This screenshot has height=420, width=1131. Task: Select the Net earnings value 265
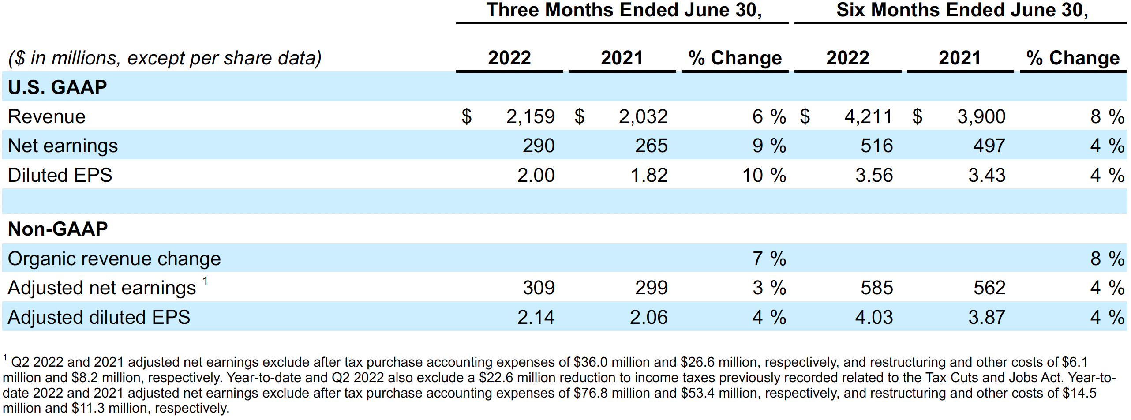(x=651, y=146)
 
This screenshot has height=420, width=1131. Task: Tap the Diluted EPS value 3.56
(x=874, y=176)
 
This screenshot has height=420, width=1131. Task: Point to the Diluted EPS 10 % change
(x=764, y=176)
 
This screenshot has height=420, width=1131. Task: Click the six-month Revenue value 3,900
(x=981, y=117)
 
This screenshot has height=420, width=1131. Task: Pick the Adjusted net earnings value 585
(x=876, y=288)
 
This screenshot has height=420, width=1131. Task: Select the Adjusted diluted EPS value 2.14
(x=536, y=318)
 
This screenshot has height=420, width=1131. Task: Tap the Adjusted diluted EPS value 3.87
(x=987, y=318)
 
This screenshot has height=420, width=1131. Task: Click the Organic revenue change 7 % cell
(x=769, y=259)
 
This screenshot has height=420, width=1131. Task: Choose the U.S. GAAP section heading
(x=57, y=87)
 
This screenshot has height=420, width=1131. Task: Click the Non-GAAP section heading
(x=58, y=229)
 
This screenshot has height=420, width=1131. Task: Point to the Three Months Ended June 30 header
(x=624, y=10)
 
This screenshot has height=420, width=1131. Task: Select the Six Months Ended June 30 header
(x=962, y=10)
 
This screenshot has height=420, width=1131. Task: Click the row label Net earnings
(x=63, y=146)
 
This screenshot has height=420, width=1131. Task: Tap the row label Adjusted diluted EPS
(x=99, y=318)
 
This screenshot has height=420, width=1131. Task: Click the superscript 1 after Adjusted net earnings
(x=205, y=281)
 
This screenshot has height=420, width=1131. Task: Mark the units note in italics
(x=165, y=58)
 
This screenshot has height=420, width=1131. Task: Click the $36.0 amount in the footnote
(x=590, y=362)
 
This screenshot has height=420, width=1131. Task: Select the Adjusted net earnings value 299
(x=651, y=288)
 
